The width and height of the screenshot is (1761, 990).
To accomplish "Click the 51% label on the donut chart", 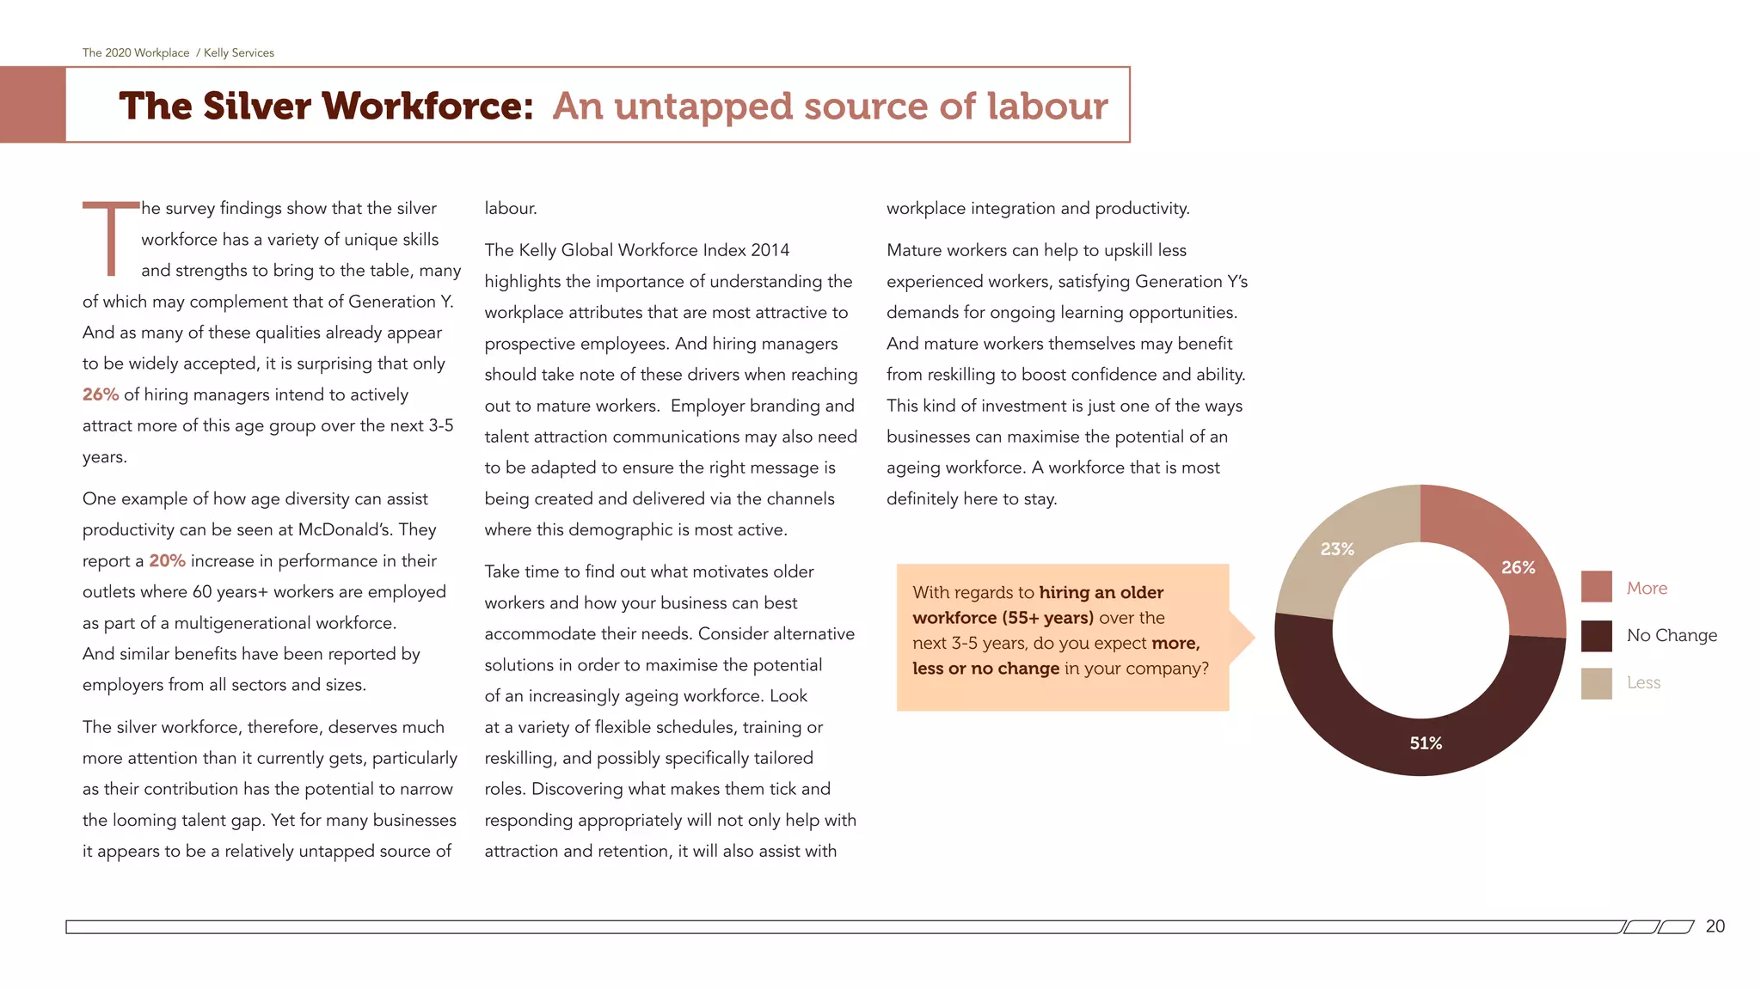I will pos(1425,743).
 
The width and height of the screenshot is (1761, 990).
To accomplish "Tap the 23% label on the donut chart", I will pos(1337,549).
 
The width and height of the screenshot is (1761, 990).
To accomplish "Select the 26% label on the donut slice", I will pos(1518,568).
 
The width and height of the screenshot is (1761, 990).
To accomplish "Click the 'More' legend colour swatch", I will pos(1596,587).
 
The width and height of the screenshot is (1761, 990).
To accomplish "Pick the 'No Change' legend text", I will pos(1672,635).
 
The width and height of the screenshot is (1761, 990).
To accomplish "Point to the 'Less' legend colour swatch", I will pos(1596,683).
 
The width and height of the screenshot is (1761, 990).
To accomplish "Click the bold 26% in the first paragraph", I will pos(101,394).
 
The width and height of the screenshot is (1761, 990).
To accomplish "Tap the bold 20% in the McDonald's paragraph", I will pos(167,561).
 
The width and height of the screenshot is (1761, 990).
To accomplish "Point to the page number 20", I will pos(1715,926).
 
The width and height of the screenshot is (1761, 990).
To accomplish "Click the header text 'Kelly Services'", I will pos(239,53).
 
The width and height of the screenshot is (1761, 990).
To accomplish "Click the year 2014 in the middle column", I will pos(770,250).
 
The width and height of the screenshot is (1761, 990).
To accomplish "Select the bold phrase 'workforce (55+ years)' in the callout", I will pos(1003,618).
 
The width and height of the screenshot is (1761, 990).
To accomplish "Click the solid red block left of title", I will pos(33,105).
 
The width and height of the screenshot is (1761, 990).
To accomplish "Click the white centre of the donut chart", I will pos(1420,631).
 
